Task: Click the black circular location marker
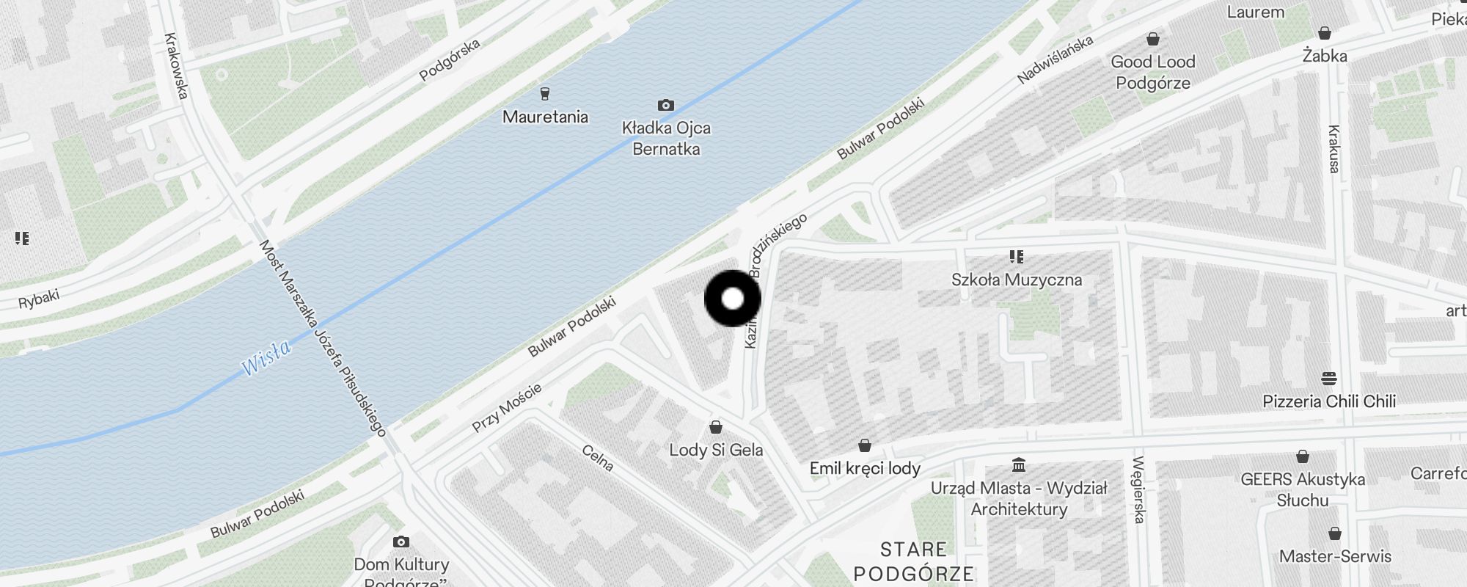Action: [733, 299]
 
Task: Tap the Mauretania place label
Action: [545, 117]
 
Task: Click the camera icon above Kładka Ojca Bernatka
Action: [665, 105]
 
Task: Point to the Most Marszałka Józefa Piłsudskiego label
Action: [323, 338]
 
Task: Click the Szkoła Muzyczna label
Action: [1016, 280]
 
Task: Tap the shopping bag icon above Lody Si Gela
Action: [716, 427]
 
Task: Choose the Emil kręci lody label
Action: [865, 468]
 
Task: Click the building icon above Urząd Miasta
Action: [1018, 465]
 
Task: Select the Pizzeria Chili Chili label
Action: [1328, 401]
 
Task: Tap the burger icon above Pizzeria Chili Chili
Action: [1328, 379]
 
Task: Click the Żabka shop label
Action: [1325, 56]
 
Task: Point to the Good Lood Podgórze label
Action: [1153, 72]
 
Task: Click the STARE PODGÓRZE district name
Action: [914, 561]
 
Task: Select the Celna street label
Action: [598, 458]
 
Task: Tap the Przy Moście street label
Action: [507, 407]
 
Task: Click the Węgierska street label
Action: [1138, 489]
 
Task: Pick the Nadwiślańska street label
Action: [1056, 59]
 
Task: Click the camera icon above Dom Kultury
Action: [400, 542]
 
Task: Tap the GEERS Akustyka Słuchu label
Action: [1303, 489]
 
